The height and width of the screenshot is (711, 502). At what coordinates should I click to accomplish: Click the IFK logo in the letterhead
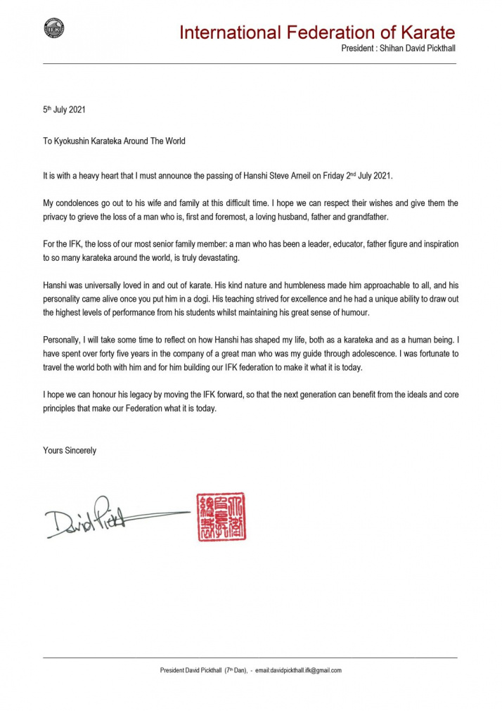[54, 28]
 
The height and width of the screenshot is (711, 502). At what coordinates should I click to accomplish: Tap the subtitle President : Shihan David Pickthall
[398, 49]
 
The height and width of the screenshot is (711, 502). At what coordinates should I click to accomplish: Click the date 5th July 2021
[65, 110]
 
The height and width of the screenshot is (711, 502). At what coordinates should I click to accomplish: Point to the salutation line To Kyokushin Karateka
[114, 141]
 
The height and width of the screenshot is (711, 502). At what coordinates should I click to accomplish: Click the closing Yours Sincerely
[70, 450]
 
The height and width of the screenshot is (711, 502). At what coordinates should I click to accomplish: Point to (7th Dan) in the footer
[236, 670]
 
